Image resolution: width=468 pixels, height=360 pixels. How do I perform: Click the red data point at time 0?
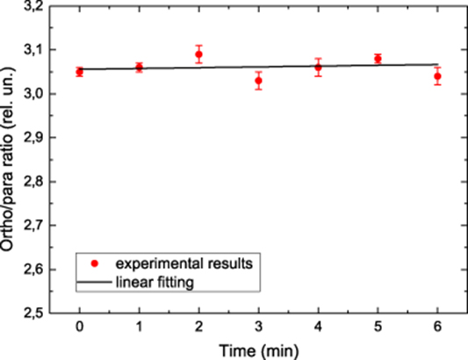point(80,72)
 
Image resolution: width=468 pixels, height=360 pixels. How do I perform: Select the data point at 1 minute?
point(139,67)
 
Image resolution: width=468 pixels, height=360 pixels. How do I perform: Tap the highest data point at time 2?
point(198,54)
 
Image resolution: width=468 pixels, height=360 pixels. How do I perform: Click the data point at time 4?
point(318,68)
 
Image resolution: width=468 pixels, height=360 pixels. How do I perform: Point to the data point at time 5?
point(378,59)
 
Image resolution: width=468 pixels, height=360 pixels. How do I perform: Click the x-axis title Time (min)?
point(259,349)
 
